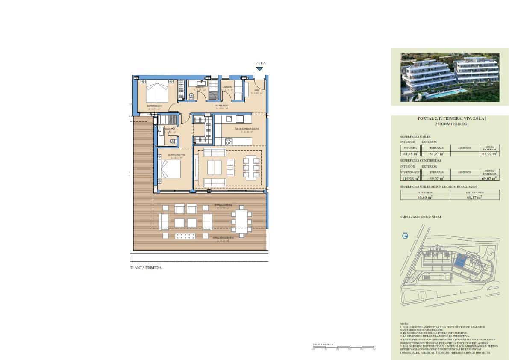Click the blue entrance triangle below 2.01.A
pyautogui.click(x=259, y=69)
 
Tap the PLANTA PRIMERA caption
pyautogui.click(x=146, y=268)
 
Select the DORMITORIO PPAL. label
pyautogui.click(x=176, y=155)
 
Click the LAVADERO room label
pyautogui.click(x=227, y=87)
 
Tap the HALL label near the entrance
pyautogui.click(x=257, y=90)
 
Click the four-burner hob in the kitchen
pyautogui.click(x=229, y=141)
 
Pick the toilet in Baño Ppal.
pyautogui.click(x=173, y=142)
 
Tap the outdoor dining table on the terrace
pyautogui.click(x=242, y=221)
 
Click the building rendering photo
pyautogui.click(x=450, y=77)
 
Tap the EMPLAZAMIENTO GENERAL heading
pyautogui.click(x=421, y=217)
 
